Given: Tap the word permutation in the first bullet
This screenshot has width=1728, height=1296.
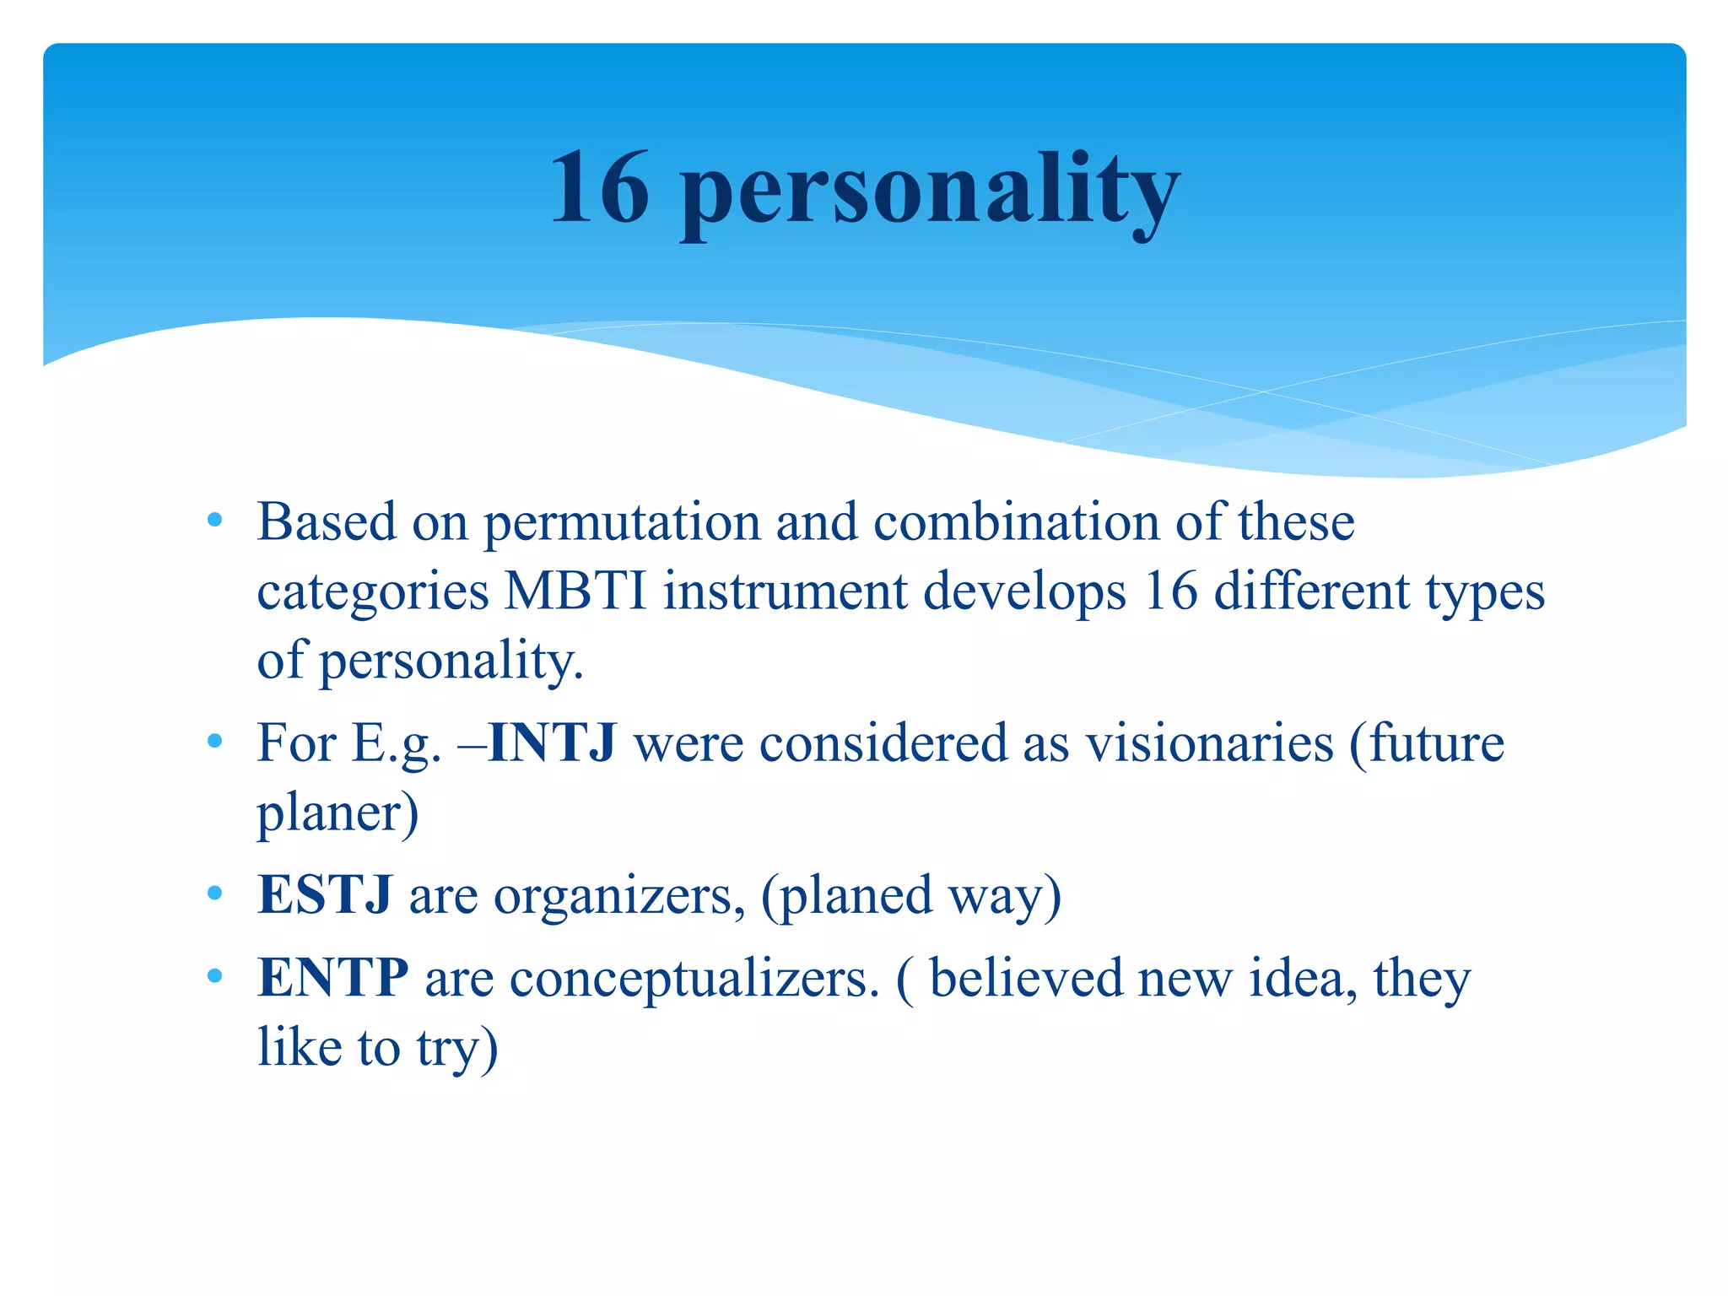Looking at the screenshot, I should [622, 523].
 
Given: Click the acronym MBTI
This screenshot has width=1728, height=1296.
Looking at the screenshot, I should [575, 591].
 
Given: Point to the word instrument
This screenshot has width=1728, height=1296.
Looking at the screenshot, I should [785, 591].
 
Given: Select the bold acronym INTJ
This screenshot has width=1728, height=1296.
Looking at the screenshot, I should [553, 743].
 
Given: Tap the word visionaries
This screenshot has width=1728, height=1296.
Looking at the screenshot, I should [1209, 743].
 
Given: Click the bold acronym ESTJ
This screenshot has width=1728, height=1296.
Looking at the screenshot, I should [324, 894].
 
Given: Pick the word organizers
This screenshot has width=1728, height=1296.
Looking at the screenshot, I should [613, 896].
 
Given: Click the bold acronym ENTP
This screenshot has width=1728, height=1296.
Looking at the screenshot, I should [332, 978].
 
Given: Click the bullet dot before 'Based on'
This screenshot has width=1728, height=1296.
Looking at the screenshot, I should [214, 520].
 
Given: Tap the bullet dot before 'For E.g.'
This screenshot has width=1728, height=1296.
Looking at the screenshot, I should [214, 742].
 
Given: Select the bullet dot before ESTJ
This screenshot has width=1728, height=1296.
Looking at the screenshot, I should [214, 893].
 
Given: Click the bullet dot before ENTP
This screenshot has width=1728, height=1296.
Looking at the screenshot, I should [214, 976].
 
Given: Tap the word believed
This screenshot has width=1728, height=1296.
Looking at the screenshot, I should [1025, 978].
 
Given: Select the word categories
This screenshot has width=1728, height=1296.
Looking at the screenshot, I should [373, 592].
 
